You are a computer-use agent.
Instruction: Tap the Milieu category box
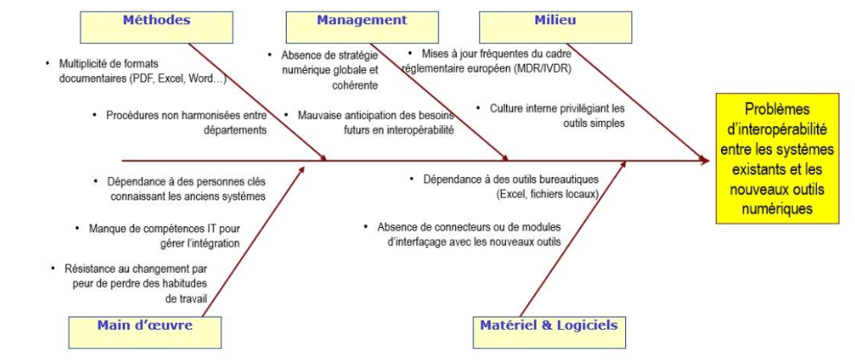[543, 26]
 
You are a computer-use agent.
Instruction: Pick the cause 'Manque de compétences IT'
[164, 237]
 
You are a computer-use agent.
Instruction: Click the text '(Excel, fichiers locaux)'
[548, 194]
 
